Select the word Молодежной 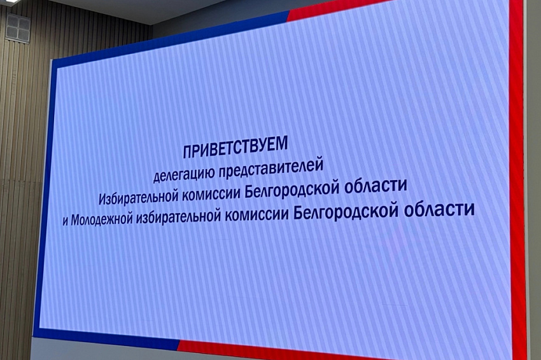coord(102,219)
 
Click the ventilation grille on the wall coord(18,27)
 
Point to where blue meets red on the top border coord(288,13)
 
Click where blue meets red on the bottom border coord(179,344)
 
